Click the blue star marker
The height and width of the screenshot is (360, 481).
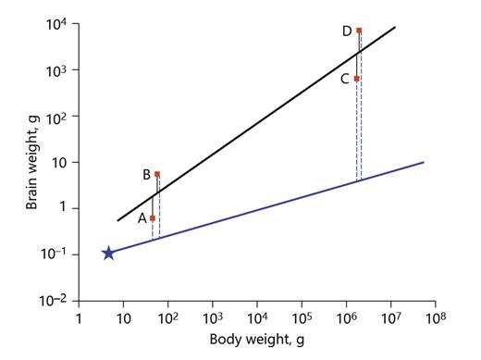point(108,253)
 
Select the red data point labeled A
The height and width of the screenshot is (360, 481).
point(153,218)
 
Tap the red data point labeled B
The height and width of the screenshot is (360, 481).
point(157,174)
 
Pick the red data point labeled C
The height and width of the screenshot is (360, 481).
point(356,79)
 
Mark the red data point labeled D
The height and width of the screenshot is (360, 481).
point(359,31)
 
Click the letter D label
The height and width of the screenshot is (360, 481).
point(346,31)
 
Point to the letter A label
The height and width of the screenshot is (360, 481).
point(142,219)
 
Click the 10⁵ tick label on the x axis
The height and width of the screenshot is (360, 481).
point(301,319)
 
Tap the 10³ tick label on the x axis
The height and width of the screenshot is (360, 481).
point(212,319)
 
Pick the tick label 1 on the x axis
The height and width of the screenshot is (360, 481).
point(80,320)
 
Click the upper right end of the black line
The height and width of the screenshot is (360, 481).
point(396,27)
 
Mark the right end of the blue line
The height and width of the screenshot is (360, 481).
point(424,163)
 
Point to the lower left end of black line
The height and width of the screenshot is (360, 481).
point(117,221)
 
